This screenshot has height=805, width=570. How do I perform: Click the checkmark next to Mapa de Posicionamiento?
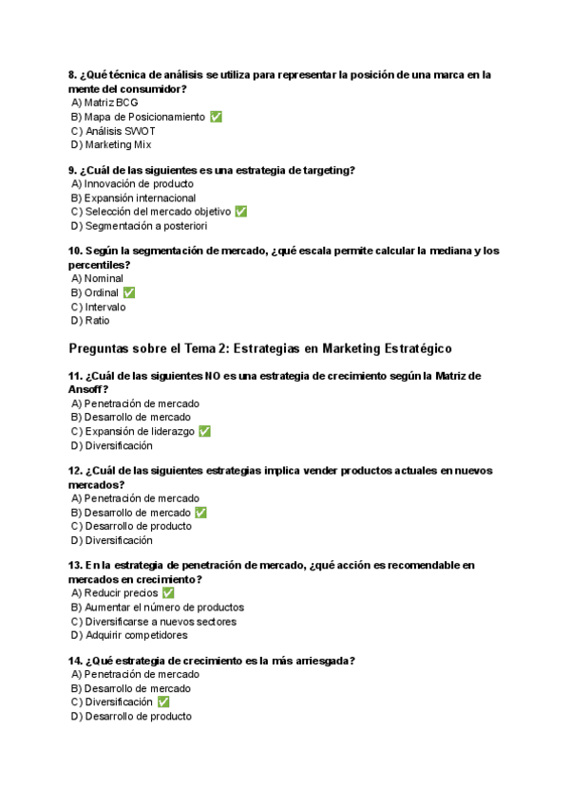point(216,117)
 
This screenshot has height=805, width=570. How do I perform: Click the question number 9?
point(73,170)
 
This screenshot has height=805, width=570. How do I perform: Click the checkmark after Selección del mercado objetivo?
point(240,212)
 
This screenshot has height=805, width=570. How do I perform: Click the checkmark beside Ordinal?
point(128,292)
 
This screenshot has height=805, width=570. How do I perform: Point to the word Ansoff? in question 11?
point(88,389)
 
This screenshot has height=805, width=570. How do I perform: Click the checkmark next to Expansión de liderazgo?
point(204,431)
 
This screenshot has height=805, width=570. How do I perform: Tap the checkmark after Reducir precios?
point(168,592)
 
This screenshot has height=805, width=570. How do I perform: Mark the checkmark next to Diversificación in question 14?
point(163,702)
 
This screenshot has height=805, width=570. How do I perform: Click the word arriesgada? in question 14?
point(324,661)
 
